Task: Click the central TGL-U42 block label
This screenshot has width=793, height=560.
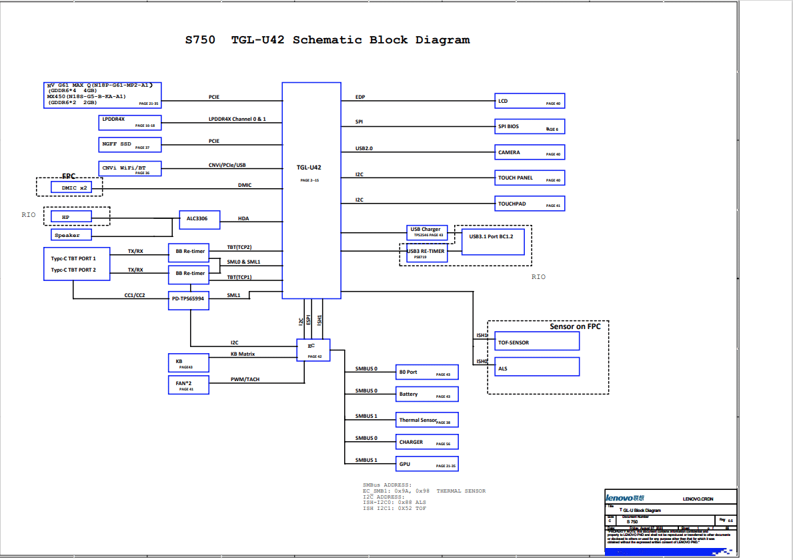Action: tap(309, 168)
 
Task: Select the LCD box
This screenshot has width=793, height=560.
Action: tap(530, 101)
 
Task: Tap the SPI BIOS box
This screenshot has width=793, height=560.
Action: tap(530, 126)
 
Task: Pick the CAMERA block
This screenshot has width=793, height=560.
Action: tap(530, 152)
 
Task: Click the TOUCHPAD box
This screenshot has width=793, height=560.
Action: tap(530, 204)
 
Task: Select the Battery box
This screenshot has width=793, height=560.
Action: tap(427, 394)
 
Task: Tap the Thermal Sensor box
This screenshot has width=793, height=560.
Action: tap(427, 420)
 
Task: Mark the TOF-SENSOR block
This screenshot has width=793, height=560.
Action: tap(536, 342)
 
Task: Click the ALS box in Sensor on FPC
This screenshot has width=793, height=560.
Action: tap(536, 367)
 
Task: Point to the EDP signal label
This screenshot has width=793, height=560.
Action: tap(360, 97)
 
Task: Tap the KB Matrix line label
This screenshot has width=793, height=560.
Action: tap(243, 354)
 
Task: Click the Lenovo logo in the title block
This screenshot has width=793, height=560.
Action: tap(625, 498)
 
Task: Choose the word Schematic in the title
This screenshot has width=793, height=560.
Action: tap(327, 40)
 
